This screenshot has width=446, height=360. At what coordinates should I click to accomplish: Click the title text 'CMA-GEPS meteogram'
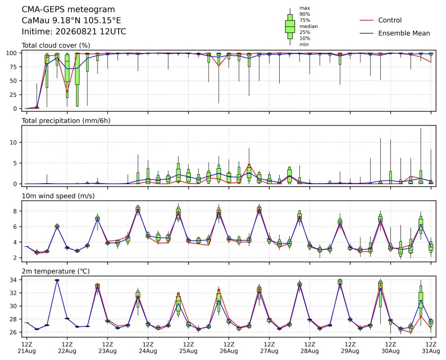(x=68, y=10)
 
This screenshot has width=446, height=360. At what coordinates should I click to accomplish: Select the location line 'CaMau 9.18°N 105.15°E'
(x=72, y=21)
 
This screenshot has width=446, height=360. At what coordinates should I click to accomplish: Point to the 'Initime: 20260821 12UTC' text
(x=74, y=31)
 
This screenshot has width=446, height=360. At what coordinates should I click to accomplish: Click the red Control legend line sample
(x=367, y=21)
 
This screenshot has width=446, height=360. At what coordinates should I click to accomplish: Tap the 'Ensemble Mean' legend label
(x=404, y=33)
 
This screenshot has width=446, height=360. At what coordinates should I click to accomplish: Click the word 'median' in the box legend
(x=308, y=26)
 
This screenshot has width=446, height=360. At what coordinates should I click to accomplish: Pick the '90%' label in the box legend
(x=305, y=14)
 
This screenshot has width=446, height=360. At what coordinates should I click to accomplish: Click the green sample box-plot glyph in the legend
(x=290, y=26)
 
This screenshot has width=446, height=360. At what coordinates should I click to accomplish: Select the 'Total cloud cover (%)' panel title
(x=56, y=46)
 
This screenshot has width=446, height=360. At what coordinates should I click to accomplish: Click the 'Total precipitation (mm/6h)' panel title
(x=66, y=121)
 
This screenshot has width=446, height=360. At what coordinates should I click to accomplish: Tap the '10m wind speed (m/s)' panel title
(x=58, y=196)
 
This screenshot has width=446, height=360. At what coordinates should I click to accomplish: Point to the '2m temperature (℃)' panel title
(x=56, y=271)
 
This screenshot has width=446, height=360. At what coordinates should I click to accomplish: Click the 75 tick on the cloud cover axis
(x=13, y=67)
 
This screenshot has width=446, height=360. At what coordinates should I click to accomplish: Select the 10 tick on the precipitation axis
(x=13, y=142)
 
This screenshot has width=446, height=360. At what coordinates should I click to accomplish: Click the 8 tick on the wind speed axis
(x=15, y=211)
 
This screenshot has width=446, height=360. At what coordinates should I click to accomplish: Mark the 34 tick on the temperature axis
(x=13, y=280)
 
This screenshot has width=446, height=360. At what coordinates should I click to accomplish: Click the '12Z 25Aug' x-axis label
(x=188, y=348)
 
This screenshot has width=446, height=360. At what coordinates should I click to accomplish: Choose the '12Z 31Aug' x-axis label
(x=431, y=348)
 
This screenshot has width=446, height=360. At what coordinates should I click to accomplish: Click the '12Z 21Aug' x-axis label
(x=26, y=348)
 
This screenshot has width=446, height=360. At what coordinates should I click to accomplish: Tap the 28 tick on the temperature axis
(x=13, y=319)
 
